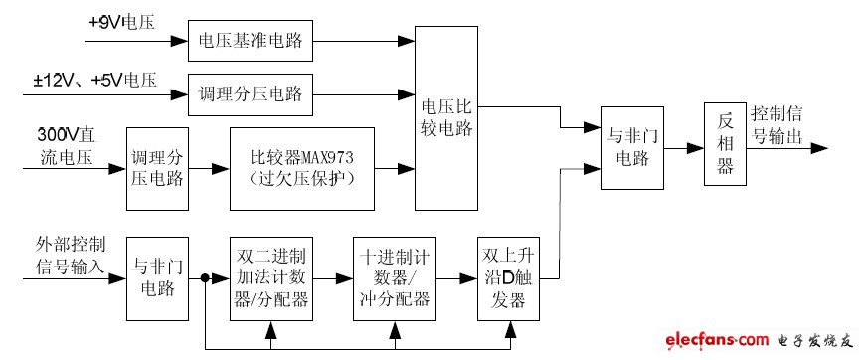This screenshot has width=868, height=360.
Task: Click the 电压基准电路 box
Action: (x=253, y=41)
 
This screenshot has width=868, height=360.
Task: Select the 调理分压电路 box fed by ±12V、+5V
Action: (x=253, y=95)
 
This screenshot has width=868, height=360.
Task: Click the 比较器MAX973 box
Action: (x=302, y=168)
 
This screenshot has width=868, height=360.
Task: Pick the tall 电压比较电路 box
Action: (x=446, y=117)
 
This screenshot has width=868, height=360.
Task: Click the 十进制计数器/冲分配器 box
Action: (x=394, y=278)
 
